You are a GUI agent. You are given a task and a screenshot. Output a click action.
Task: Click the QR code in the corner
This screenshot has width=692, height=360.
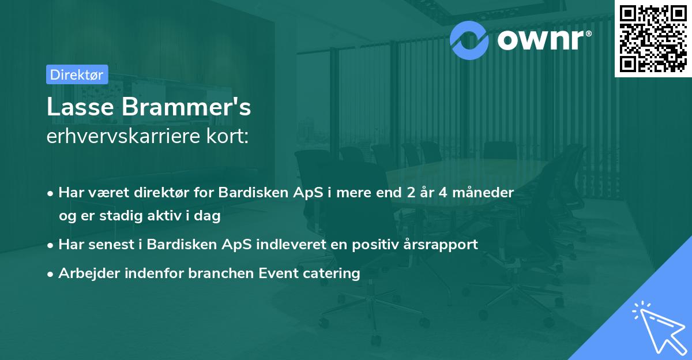(653, 38)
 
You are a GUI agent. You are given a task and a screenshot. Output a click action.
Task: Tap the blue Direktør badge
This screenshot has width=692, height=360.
(77, 74)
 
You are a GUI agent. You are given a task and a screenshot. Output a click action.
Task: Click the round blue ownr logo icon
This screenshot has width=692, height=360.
(469, 39)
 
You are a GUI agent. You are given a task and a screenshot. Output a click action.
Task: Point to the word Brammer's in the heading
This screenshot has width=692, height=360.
(186, 107)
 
